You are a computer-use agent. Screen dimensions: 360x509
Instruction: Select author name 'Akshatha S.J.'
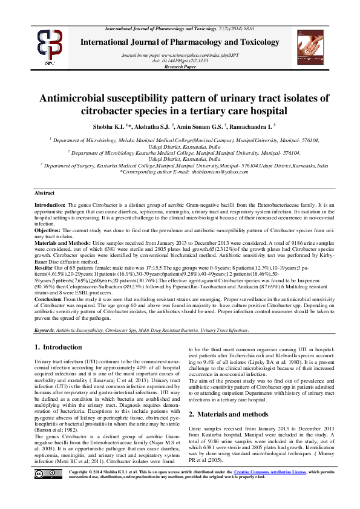[x=148, y=126]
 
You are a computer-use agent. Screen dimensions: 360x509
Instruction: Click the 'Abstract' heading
[x=44, y=193]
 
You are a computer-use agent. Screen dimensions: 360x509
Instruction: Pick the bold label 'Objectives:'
[x=47, y=230]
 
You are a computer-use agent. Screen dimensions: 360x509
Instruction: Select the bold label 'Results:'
[x=44, y=267]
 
